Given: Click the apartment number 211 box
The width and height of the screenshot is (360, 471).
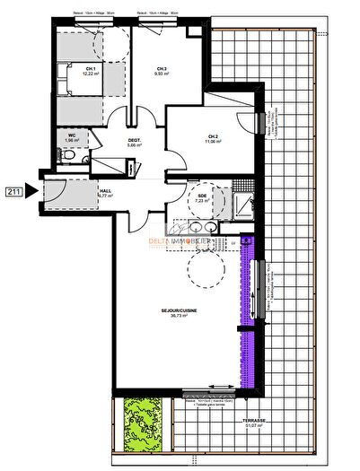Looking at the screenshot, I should coord(13,191).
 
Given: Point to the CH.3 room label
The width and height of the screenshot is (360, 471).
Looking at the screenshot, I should coord(162,68).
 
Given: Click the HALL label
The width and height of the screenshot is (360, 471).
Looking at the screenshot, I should coord(105,189).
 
